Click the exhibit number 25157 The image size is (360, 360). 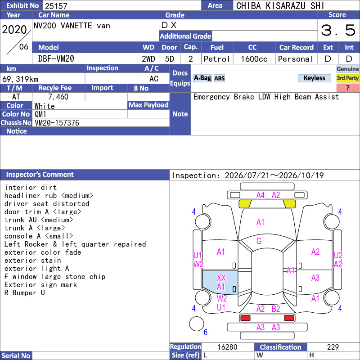(x=56, y=6)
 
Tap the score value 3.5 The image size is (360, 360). (x=338, y=30)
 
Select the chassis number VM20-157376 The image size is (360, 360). (x=57, y=123)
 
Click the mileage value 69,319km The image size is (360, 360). (x=20, y=79)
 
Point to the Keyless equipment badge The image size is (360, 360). (x=314, y=78)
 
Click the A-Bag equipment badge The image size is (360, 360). (x=202, y=78)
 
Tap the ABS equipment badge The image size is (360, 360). (x=219, y=78)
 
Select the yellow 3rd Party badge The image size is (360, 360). (x=347, y=78)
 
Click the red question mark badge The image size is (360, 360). (x=347, y=88)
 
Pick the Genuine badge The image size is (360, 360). (x=347, y=69)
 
